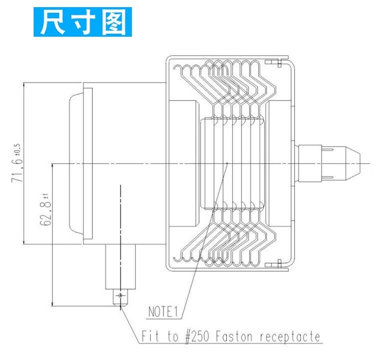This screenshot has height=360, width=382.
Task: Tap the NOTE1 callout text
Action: click(x=164, y=311)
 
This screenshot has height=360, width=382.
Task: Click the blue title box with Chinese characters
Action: click(x=83, y=22)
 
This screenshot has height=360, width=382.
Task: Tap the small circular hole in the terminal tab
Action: click(x=120, y=295)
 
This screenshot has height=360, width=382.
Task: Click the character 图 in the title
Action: click(x=113, y=22)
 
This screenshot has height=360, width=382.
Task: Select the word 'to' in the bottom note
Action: click(x=173, y=337)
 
